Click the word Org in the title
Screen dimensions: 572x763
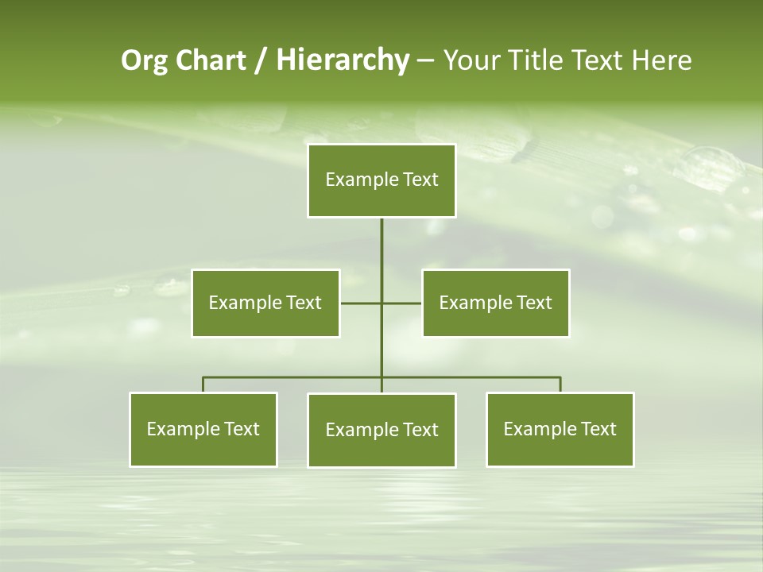[x=144, y=60]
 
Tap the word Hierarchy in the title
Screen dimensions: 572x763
[x=342, y=60]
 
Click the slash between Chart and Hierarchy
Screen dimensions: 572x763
[x=261, y=61]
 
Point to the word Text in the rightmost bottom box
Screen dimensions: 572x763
[x=598, y=429]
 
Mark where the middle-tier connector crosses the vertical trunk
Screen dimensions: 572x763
[x=381, y=303]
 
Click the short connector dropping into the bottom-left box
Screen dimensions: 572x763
[x=203, y=385]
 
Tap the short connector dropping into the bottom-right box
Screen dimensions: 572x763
[x=560, y=385]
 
